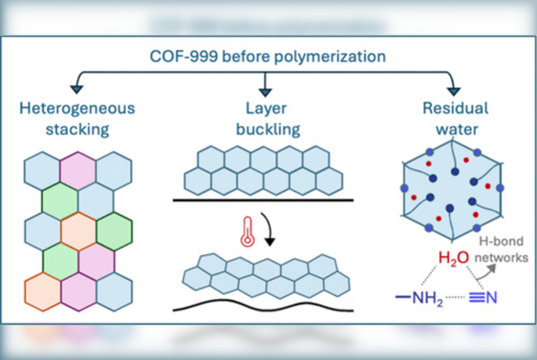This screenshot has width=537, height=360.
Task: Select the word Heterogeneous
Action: (77, 108)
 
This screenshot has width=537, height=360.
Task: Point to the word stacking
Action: (77, 129)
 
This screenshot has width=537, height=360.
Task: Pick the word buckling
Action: (268, 129)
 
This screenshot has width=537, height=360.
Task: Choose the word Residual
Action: (456, 108)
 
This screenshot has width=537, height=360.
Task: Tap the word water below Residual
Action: (456, 129)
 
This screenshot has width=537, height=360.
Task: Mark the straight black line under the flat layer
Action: (263, 200)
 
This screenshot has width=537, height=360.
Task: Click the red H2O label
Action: (454, 258)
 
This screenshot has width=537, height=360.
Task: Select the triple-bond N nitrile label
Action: (483, 298)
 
